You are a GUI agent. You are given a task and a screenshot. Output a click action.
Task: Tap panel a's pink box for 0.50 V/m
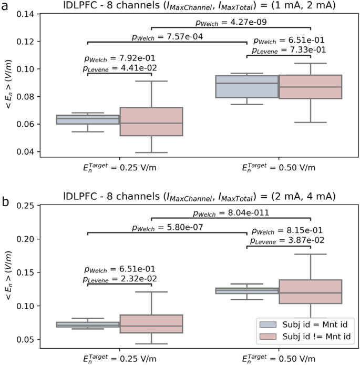click(310, 87)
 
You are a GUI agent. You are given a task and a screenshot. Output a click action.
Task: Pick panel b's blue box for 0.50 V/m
click(246, 290)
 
